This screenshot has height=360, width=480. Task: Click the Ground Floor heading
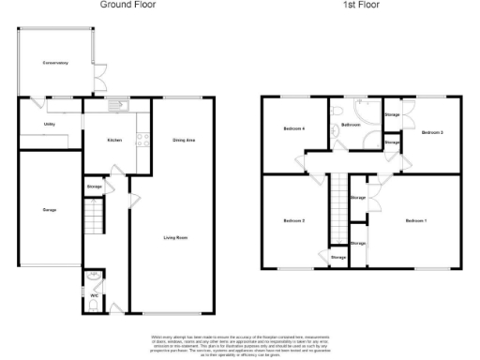(127, 5)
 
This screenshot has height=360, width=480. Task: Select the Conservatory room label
(55, 63)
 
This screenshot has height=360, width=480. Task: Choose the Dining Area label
(184, 141)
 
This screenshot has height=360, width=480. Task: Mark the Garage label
(50, 210)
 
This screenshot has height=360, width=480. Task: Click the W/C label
(94, 296)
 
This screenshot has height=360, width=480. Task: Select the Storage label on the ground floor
(95, 187)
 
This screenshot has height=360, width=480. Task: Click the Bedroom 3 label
(432, 133)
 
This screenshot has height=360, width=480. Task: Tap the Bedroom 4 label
(294, 130)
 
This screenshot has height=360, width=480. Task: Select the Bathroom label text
(352, 125)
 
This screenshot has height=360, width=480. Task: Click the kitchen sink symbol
(118, 104)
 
